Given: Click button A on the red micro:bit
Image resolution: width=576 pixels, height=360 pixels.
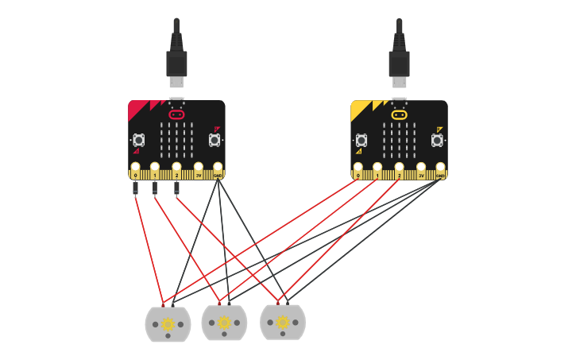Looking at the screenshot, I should tap(139, 140).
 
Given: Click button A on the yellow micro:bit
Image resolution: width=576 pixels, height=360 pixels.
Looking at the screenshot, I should tap(361, 140).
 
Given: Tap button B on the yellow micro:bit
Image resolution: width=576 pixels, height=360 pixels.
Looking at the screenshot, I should tap(437, 140).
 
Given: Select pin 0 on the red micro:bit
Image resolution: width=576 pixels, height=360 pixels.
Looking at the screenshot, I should tap(135, 168).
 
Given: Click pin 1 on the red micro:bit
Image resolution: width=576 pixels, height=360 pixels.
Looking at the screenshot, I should tap(155, 168).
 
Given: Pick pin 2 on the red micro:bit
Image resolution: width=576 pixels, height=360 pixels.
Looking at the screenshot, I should tap(176, 168).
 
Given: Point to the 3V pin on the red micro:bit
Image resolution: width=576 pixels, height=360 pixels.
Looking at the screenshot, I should tap(199, 168).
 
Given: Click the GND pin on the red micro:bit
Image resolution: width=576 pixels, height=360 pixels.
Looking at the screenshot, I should tap(218, 168).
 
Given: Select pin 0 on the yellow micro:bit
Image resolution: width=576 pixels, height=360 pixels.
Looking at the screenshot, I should tap(358, 168).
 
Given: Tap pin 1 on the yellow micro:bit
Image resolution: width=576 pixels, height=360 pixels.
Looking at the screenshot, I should tap(377, 168).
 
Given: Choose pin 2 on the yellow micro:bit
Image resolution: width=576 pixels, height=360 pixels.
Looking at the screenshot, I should tap(399, 168).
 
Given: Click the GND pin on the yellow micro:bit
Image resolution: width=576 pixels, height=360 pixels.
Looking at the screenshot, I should tap(440, 168).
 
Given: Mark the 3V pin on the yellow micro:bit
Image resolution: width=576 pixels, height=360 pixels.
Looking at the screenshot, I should tap(421, 168).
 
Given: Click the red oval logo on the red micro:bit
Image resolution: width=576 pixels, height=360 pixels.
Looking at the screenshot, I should tap(176, 114).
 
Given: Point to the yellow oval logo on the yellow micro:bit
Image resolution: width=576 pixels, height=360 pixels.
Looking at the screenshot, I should tap(399, 114).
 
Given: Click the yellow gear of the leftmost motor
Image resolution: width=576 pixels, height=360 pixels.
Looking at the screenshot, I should tap(168, 323).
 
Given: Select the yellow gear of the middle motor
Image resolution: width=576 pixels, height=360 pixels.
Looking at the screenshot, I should tap(224, 323).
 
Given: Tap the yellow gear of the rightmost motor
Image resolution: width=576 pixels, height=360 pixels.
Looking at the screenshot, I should tap(283, 322).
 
